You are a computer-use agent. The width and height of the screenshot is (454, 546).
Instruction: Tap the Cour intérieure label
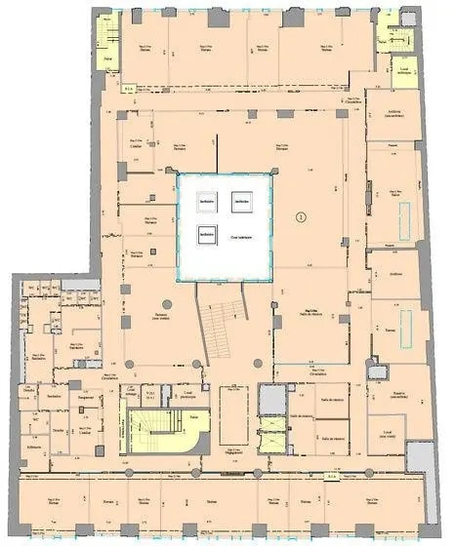pyautogui.click(x=241, y=237)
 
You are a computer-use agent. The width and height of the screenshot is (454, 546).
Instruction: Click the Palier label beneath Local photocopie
pyautogui.click(x=193, y=414)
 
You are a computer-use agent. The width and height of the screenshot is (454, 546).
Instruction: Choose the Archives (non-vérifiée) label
pyautogui.click(x=395, y=115)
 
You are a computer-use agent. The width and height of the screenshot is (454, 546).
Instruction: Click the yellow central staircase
pyautogui.click(x=148, y=432)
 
